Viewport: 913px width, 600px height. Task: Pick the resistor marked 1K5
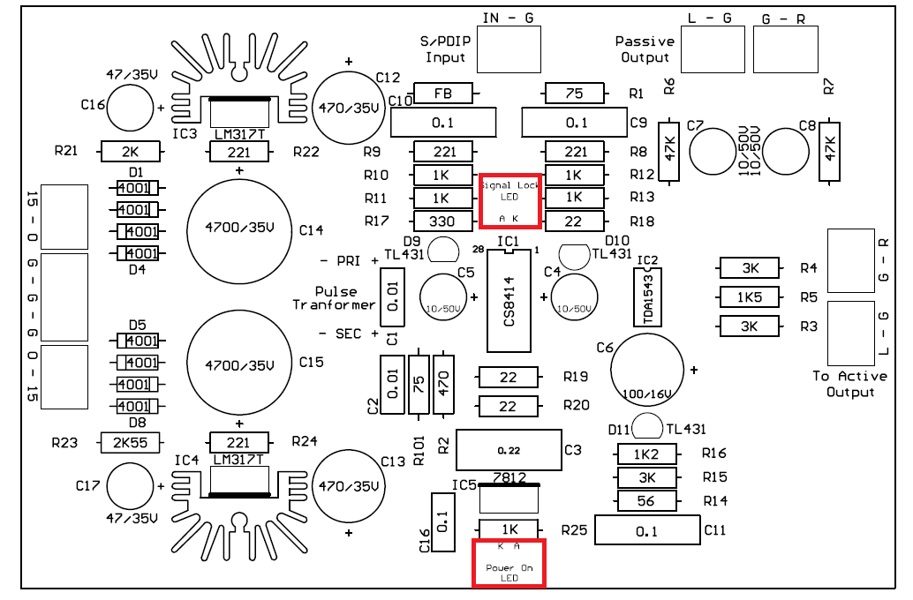[750, 297]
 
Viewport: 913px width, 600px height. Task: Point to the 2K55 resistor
[131, 442]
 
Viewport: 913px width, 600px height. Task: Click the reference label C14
[312, 230]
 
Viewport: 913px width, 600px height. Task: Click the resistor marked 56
[647, 501]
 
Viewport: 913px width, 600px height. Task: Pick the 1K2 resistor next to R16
[647, 454]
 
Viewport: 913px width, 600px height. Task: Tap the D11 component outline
[648, 428]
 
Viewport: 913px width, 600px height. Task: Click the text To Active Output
[849, 384]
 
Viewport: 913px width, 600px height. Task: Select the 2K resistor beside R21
[131, 152]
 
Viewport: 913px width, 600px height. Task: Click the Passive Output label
[645, 49]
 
